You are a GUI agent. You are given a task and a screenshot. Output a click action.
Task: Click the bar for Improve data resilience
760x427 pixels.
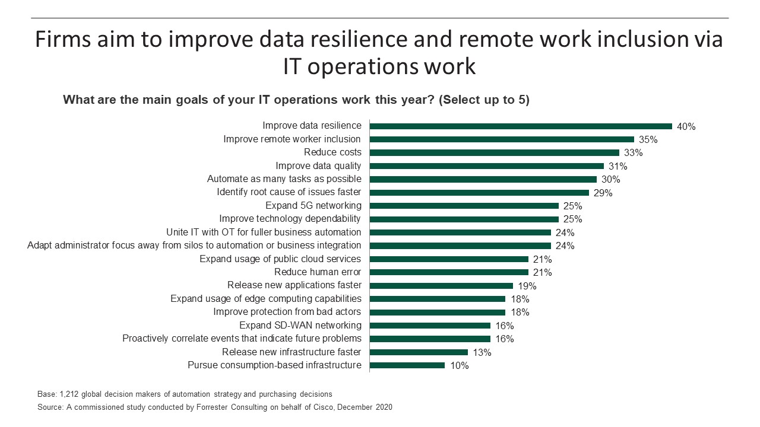[521, 126]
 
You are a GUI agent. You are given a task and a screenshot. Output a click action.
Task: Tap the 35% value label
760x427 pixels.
[648, 140]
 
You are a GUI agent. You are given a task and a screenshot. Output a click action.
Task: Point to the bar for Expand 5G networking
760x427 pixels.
[464, 206]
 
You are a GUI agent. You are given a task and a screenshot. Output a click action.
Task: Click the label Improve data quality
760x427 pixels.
[318, 166]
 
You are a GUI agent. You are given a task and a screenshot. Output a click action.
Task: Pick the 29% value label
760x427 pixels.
[603, 193]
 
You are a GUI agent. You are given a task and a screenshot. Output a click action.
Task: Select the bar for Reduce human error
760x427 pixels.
[449, 272]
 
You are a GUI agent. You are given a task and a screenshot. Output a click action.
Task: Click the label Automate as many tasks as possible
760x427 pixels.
[284, 179]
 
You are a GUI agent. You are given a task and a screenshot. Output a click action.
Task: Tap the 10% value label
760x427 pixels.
[459, 366]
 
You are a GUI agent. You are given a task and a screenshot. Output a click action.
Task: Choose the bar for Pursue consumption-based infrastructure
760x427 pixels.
[407, 365]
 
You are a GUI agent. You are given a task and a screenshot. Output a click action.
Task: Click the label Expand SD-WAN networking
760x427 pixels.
[300, 326]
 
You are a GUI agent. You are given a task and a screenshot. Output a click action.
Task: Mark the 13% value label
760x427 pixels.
[482, 353]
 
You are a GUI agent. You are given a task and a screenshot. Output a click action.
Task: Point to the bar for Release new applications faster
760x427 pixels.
[441, 285]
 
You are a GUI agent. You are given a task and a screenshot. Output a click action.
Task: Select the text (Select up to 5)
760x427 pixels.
[484, 100]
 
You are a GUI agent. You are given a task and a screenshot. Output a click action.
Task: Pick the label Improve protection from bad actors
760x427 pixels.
[287, 312]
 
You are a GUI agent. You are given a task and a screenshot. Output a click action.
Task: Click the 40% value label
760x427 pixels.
[686, 126]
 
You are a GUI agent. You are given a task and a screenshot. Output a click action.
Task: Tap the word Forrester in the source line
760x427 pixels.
[182, 407]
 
